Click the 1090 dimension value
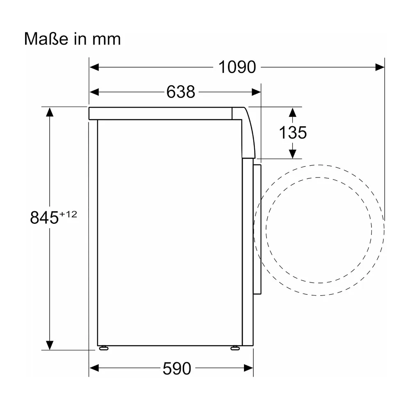(237, 67)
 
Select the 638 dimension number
(181, 92)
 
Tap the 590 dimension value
(177, 369)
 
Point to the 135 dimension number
(293, 132)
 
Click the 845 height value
(44, 218)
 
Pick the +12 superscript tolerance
(68, 214)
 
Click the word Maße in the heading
(46, 39)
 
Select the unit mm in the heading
(107, 39)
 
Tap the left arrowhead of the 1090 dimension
(94, 67)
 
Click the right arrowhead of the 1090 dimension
(380, 67)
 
